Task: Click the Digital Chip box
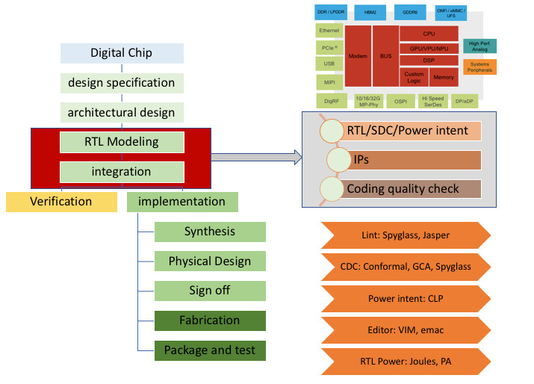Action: [x=122, y=53]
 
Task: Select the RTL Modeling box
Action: [x=122, y=142]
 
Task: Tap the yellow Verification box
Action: [x=61, y=202]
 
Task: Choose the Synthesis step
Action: [x=210, y=232]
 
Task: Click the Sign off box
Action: [x=210, y=291]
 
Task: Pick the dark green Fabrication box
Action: [x=210, y=320]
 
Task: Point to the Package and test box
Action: [x=210, y=350]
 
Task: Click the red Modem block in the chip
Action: [x=358, y=56]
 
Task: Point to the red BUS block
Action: [x=385, y=56]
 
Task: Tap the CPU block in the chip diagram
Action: [x=429, y=34]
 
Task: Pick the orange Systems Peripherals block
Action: [x=480, y=67]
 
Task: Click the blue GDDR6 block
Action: [x=410, y=13]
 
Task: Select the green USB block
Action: [x=329, y=64]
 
